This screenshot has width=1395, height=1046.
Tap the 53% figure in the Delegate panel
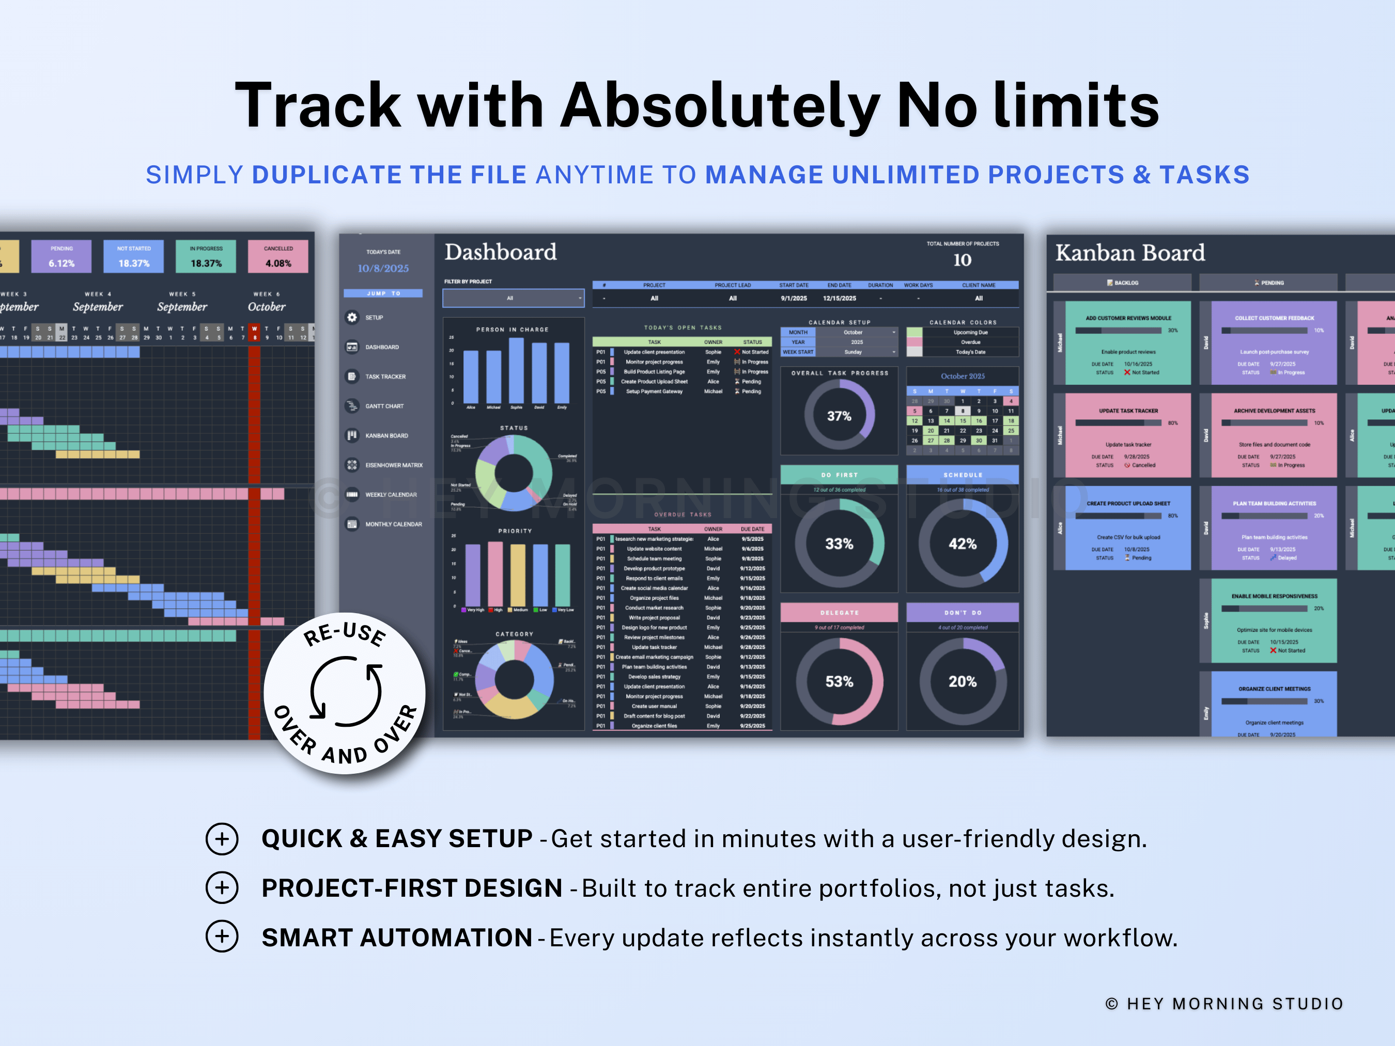(839, 681)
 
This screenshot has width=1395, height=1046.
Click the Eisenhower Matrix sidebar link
(394, 465)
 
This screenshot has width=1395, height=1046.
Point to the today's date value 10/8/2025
(383, 269)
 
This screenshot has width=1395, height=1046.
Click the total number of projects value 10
(962, 260)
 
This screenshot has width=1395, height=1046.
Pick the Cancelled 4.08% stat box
(278, 257)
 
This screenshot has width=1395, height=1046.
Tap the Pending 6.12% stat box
(62, 257)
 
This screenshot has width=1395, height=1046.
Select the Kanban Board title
(1129, 253)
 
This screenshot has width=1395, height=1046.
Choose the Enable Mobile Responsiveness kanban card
(1274, 621)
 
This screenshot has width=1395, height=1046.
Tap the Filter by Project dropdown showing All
(514, 298)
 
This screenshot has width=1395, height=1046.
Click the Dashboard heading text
(500, 252)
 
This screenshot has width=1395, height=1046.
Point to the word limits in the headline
(1076, 105)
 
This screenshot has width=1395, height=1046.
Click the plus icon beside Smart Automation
(222, 936)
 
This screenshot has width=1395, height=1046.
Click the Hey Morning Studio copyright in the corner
(1224, 1003)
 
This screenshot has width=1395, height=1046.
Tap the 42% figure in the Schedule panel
(963, 544)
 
